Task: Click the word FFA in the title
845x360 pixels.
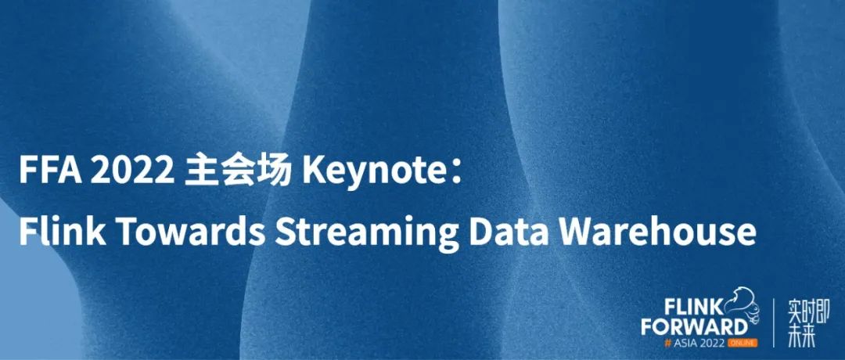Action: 50,171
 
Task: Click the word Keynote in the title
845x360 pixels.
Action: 373,172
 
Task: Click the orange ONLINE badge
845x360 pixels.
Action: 743,343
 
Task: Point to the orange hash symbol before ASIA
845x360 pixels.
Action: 669,343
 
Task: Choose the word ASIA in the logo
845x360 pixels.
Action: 687,343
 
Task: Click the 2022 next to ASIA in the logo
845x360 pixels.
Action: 713,343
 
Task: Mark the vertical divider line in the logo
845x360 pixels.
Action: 773,322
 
